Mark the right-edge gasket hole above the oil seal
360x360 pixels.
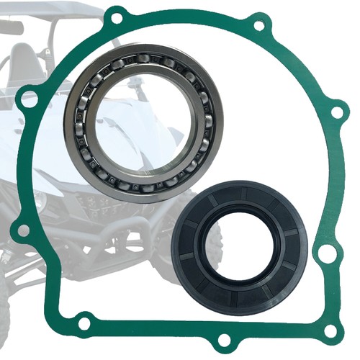pos(337,112)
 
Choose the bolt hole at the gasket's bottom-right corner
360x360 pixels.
pos(330,330)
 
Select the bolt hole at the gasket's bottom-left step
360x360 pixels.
pos(84,323)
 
